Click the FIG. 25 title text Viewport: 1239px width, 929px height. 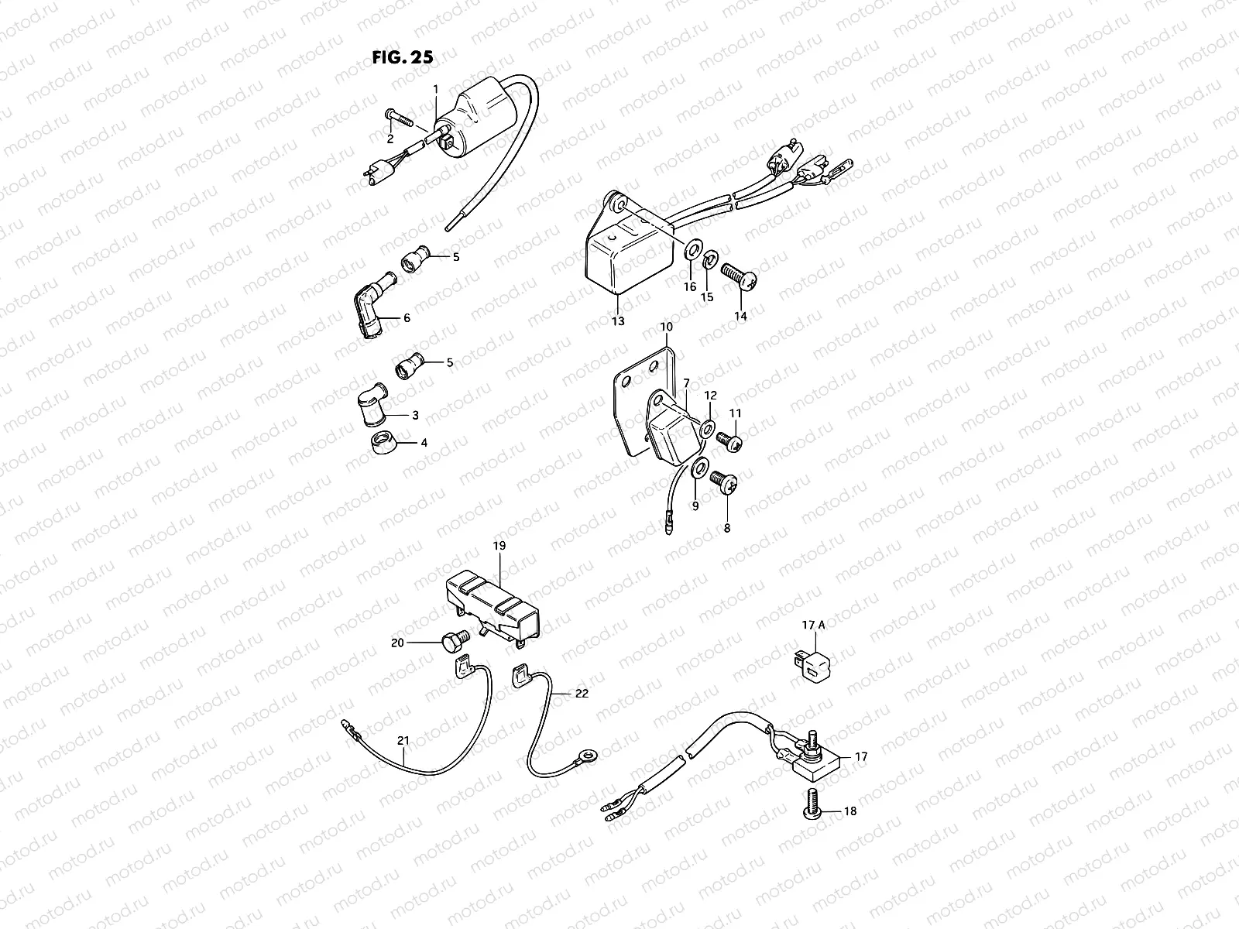401,57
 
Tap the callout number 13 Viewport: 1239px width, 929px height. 617,321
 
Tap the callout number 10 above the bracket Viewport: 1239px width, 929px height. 666,327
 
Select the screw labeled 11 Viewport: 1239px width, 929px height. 729,442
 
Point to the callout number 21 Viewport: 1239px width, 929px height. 403,741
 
